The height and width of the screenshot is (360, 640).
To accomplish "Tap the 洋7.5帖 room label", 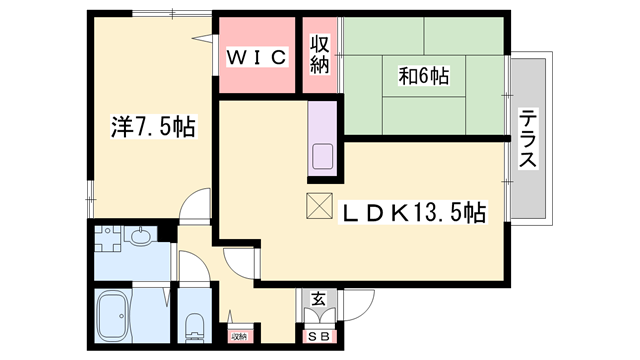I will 152,127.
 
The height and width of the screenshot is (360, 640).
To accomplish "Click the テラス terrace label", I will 527,139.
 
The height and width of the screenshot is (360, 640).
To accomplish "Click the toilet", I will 195,325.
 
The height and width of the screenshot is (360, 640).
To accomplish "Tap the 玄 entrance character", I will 317,299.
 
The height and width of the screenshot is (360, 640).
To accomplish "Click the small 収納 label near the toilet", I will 239,337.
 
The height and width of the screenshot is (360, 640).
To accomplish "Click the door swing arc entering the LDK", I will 240,263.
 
